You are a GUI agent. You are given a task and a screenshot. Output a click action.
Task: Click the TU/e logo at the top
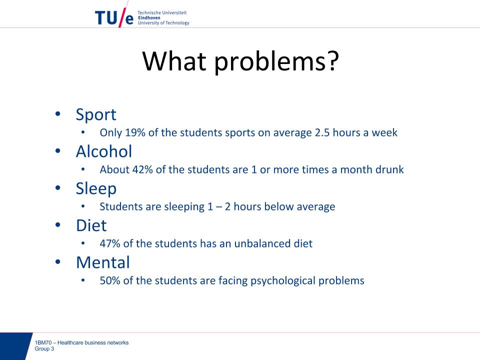(114, 18)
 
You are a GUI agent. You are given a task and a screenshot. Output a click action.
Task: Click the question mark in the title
(331, 60)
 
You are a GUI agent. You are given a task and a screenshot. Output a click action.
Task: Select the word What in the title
(174, 60)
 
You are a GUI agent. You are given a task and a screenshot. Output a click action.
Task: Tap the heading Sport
(96, 115)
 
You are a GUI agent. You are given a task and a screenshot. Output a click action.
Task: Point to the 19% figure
(135, 132)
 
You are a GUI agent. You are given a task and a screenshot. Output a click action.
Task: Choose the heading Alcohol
(104, 151)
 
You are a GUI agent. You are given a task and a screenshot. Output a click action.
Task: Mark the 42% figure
(142, 169)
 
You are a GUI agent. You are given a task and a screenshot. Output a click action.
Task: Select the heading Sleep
(96, 189)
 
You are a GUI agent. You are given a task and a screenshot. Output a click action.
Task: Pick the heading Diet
(91, 225)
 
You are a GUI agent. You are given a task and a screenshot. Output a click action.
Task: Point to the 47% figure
(110, 243)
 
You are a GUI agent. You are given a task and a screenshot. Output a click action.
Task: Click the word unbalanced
(262, 243)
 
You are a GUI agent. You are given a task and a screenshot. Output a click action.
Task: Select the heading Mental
(103, 262)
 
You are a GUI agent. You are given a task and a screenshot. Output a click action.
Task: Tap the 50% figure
(110, 280)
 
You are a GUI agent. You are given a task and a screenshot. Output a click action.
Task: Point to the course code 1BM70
(43, 342)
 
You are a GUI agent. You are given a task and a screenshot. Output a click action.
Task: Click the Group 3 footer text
(44, 348)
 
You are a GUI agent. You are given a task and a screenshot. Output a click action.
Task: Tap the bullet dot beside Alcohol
(58, 151)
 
